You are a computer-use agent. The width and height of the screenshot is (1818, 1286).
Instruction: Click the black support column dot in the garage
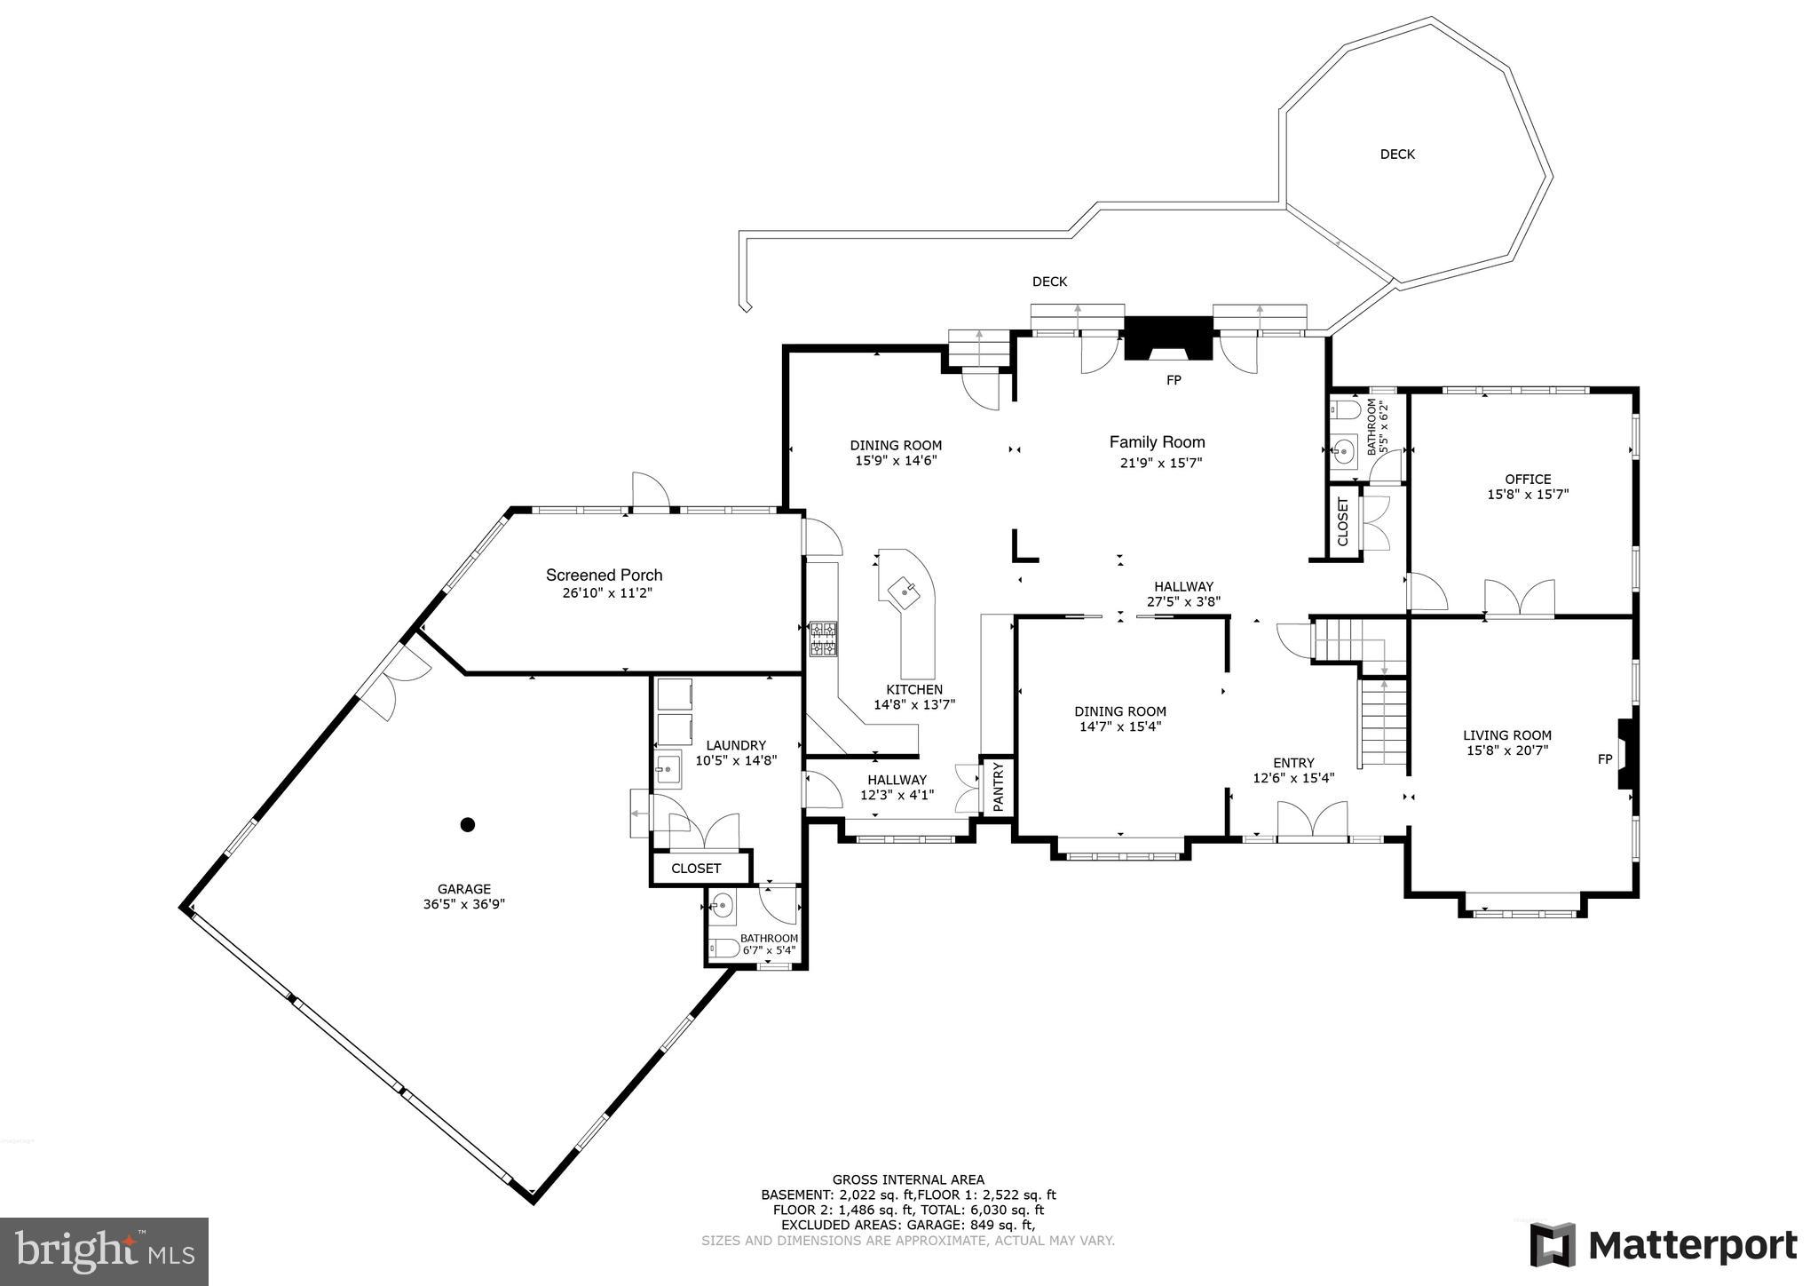click(468, 824)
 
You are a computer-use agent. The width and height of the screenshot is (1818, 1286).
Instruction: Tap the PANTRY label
click(998, 786)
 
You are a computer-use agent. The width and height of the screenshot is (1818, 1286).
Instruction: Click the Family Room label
click(1157, 442)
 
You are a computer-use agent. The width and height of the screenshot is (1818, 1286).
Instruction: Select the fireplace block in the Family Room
click(1168, 338)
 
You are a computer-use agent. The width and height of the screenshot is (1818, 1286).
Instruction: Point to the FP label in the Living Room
click(1605, 759)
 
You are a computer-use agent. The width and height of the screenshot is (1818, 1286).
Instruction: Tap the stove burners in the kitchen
click(823, 639)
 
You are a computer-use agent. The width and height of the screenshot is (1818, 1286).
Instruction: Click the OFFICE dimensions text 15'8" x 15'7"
click(1528, 495)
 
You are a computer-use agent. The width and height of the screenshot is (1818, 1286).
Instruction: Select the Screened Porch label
click(604, 576)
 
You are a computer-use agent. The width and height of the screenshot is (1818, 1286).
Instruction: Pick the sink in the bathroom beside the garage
click(723, 907)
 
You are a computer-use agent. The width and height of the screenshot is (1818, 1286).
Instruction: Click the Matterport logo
click(1664, 1245)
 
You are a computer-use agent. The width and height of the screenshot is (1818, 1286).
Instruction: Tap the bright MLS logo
click(104, 1250)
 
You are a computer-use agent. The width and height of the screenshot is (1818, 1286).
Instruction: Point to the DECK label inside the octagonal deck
click(1397, 155)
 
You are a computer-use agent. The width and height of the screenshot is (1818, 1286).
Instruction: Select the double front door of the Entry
click(1312, 820)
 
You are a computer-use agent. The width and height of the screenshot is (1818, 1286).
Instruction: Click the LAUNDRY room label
click(736, 745)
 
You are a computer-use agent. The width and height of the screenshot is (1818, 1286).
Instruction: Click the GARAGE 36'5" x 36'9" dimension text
click(464, 905)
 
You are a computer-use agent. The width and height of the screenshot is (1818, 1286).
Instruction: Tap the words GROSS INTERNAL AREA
click(908, 1179)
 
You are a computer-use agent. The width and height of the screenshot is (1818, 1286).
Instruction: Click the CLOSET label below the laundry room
click(696, 869)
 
